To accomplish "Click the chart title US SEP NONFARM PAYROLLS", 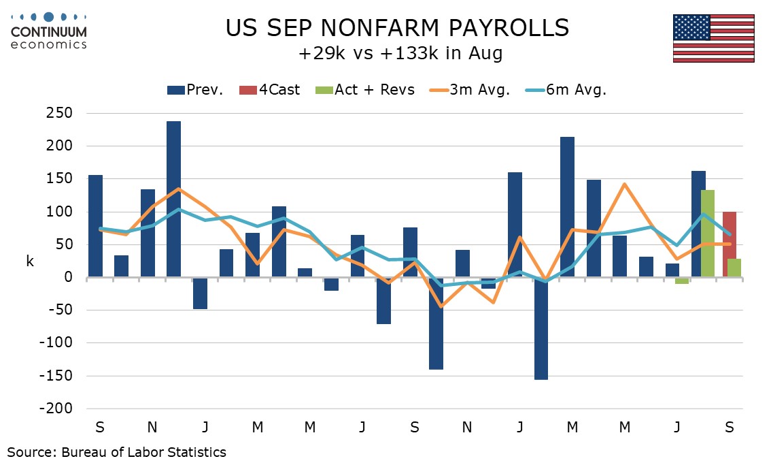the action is [397, 28].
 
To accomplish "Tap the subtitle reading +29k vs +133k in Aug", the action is [400, 52].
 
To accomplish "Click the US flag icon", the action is [713, 38].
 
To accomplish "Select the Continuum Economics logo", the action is [49, 31].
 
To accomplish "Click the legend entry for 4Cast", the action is [269, 90].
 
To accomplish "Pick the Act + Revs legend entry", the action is [365, 90].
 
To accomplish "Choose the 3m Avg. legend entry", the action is [470, 90].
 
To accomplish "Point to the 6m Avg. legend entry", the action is [566, 90].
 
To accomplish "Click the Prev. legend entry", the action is [195, 90].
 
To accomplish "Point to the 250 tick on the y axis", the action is [60, 113].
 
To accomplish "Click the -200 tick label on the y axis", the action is [56, 409].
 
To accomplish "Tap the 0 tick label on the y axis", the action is [69, 277].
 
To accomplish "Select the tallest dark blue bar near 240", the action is [173, 199].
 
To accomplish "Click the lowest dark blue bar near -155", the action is [541, 329].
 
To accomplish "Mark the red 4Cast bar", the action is [730, 244].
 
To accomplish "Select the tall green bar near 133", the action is [708, 234].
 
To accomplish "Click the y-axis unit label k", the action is [30, 261].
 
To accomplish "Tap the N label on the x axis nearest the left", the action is [152, 427].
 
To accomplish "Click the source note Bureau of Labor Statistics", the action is [143, 451].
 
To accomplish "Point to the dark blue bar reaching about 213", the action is [568, 207].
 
